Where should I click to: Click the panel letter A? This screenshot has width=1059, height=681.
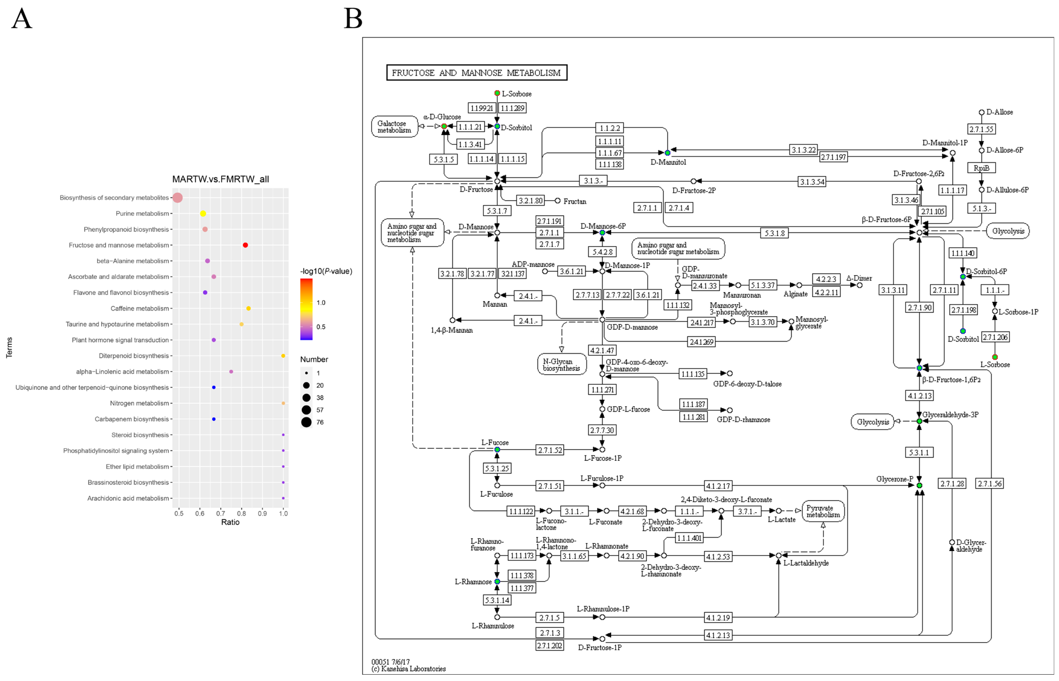click(x=22, y=19)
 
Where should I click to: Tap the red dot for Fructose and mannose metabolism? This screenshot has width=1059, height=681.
click(x=245, y=245)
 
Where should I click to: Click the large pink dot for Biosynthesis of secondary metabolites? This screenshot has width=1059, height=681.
click(x=178, y=198)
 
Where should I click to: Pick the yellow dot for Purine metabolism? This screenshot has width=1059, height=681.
click(x=203, y=214)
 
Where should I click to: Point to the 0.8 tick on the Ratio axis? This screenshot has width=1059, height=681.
click(x=241, y=513)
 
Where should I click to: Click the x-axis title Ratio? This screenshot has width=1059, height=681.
click(x=230, y=522)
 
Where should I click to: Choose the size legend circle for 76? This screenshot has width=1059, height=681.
click(x=306, y=422)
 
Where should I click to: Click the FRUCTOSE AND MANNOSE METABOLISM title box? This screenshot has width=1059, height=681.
click(x=476, y=72)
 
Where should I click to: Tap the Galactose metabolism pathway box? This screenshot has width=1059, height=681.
click(x=394, y=127)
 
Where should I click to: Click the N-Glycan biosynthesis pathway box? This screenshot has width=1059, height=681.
click(x=561, y=365)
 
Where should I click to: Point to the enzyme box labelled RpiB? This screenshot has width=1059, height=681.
click(x=981, y=168)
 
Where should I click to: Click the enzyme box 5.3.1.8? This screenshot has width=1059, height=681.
click(x=775, y=233)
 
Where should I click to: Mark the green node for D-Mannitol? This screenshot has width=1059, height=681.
click(x=667, y=153)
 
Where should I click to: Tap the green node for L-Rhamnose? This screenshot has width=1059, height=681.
click(x=497, y=581)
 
